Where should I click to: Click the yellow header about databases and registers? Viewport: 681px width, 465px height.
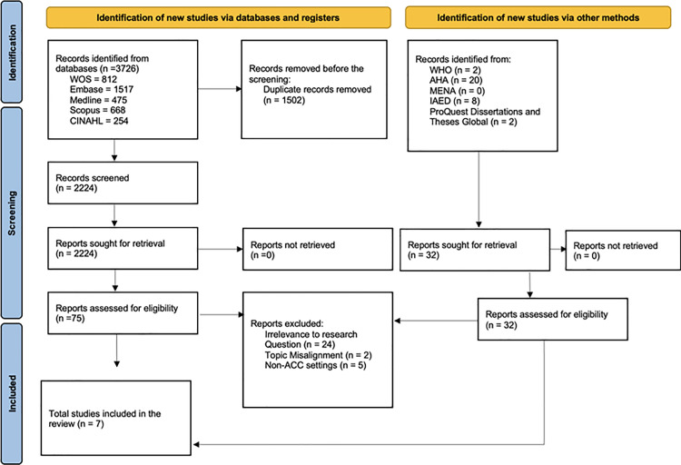[219, 18]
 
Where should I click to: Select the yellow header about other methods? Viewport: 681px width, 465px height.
[538, 18]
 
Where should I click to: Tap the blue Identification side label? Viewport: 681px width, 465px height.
[12, 52]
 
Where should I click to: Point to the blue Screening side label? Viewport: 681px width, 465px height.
[12, 213]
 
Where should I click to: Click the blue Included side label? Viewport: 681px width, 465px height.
[12, 394]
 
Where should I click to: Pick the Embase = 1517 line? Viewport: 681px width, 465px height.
[102, 90]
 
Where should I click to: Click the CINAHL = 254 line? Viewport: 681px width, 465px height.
[99, 121]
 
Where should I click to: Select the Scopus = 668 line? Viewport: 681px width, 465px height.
[98, 111]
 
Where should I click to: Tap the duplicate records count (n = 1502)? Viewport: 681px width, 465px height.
[284, 101]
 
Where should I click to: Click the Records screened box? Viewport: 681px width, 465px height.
[123, 183]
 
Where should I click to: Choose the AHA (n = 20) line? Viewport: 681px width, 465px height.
[456, 81]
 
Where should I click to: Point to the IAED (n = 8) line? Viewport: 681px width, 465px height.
[455, 101]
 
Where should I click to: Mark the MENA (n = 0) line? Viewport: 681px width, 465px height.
[458, 91]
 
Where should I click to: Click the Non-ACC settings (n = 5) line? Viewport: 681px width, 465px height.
[316, 365]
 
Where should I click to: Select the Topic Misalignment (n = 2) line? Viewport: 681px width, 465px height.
[319, 355]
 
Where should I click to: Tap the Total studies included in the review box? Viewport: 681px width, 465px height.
[116, 418]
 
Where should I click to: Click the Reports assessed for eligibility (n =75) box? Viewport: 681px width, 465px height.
[123, 313]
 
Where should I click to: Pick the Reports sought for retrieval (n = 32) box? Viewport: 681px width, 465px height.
[475, 250]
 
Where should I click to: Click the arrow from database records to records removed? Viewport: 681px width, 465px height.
[220, 89]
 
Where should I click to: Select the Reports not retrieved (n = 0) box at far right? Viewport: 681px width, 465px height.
[623, 251]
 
